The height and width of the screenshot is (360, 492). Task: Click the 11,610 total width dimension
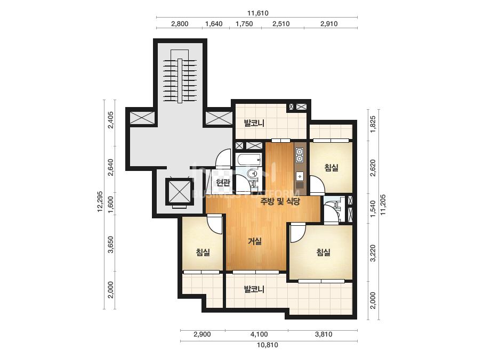(258, 13)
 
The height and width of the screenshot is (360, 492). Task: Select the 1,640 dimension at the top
(214, 24)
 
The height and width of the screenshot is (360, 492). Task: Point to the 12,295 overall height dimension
(100, 201)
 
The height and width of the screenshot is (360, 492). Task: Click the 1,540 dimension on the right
(373, 209)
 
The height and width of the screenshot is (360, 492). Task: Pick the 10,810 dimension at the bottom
(268, 345)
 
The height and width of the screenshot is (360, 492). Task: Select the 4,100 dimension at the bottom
(259, 334)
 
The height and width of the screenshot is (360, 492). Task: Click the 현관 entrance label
(223, 183)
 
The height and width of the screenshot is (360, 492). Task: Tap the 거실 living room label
(255, 241)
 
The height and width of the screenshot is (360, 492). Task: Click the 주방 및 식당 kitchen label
(280, 201)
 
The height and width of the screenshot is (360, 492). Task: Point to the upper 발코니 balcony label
(254, 123)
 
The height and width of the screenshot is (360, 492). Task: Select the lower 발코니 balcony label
(254, 289)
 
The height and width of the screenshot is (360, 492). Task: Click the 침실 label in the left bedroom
(203, 252)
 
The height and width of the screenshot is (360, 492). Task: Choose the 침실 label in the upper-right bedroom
(332, 167)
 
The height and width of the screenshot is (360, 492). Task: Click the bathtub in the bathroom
(249, 160)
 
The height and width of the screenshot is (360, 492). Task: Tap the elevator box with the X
(178, 192)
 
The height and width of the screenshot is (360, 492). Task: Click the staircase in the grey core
(180, 80)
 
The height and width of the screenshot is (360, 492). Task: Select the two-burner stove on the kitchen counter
(300, 155)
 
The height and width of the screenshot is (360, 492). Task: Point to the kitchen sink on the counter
(300, 177)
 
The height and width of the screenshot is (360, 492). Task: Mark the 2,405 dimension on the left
(110, 120)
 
